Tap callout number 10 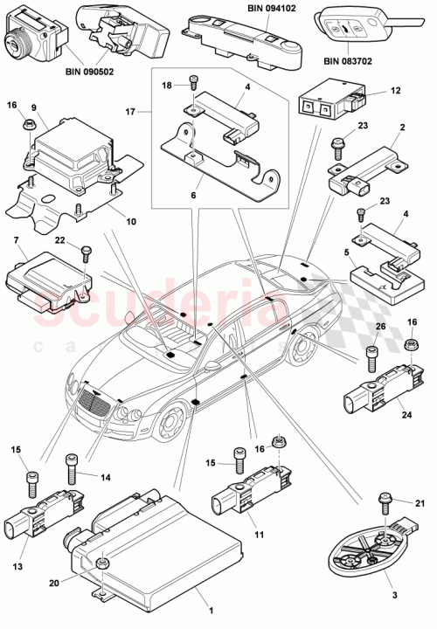130,221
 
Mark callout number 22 59,240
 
